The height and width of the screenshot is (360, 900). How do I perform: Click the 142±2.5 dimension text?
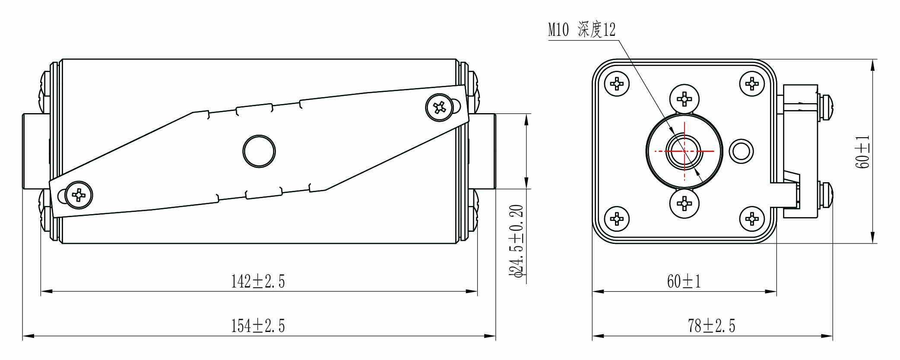(258, 281)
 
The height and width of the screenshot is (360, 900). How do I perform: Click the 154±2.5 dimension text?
(258, 326)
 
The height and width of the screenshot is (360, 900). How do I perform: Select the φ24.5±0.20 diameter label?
(517, 240)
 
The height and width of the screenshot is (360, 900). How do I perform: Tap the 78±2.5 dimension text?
(712, 326)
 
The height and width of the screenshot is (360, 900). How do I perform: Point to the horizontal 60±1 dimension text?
(684, 281)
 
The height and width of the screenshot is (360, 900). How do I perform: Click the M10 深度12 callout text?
(582, 30)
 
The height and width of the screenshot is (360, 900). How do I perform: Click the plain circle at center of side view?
(259, 151)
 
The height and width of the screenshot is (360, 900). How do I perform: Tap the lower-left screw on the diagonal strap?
(79, 195)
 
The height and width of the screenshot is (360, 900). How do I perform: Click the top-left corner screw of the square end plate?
(617, 84)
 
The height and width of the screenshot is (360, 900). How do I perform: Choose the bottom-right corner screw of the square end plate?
(752, 219)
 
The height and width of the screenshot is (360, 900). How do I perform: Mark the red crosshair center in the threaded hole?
(685, 151)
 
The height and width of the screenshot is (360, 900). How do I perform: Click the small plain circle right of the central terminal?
(741, 151)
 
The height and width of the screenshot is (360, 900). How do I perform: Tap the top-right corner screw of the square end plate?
(752, 84)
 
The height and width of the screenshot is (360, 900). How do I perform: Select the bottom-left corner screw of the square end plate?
(617, 219)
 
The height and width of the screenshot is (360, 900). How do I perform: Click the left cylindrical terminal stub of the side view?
(35, 151)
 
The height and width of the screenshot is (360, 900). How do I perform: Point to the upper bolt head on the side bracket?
(826, 107)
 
